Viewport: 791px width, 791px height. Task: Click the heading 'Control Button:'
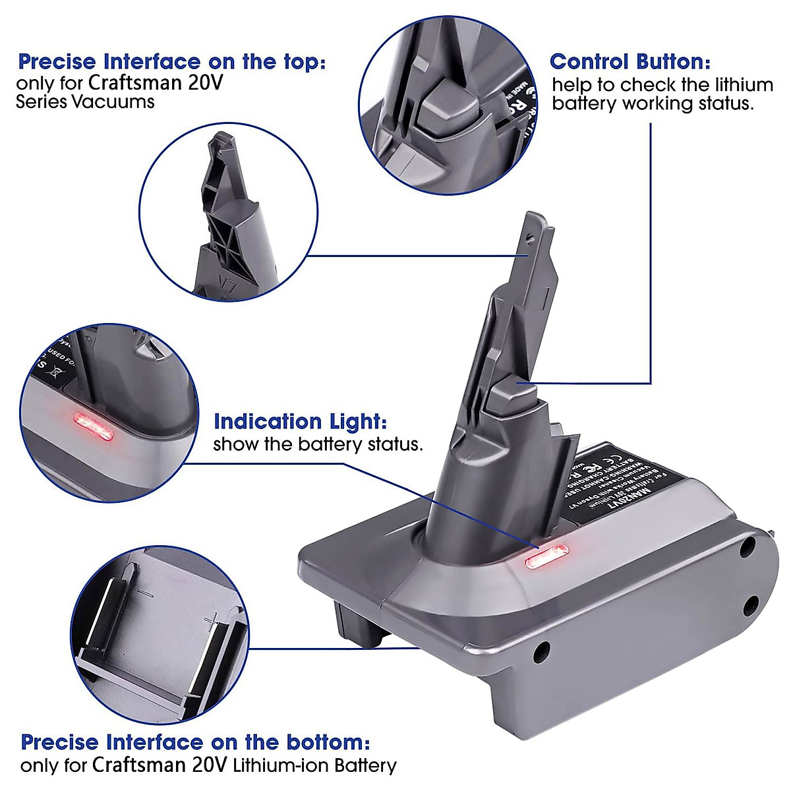pos(630,62)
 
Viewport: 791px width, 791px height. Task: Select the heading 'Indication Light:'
pos(300,421)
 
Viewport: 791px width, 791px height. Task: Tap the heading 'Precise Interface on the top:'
pos(172,62)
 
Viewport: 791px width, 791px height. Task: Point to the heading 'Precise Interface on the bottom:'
pos(195,742)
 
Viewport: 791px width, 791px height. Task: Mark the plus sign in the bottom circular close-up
pos(212,620)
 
